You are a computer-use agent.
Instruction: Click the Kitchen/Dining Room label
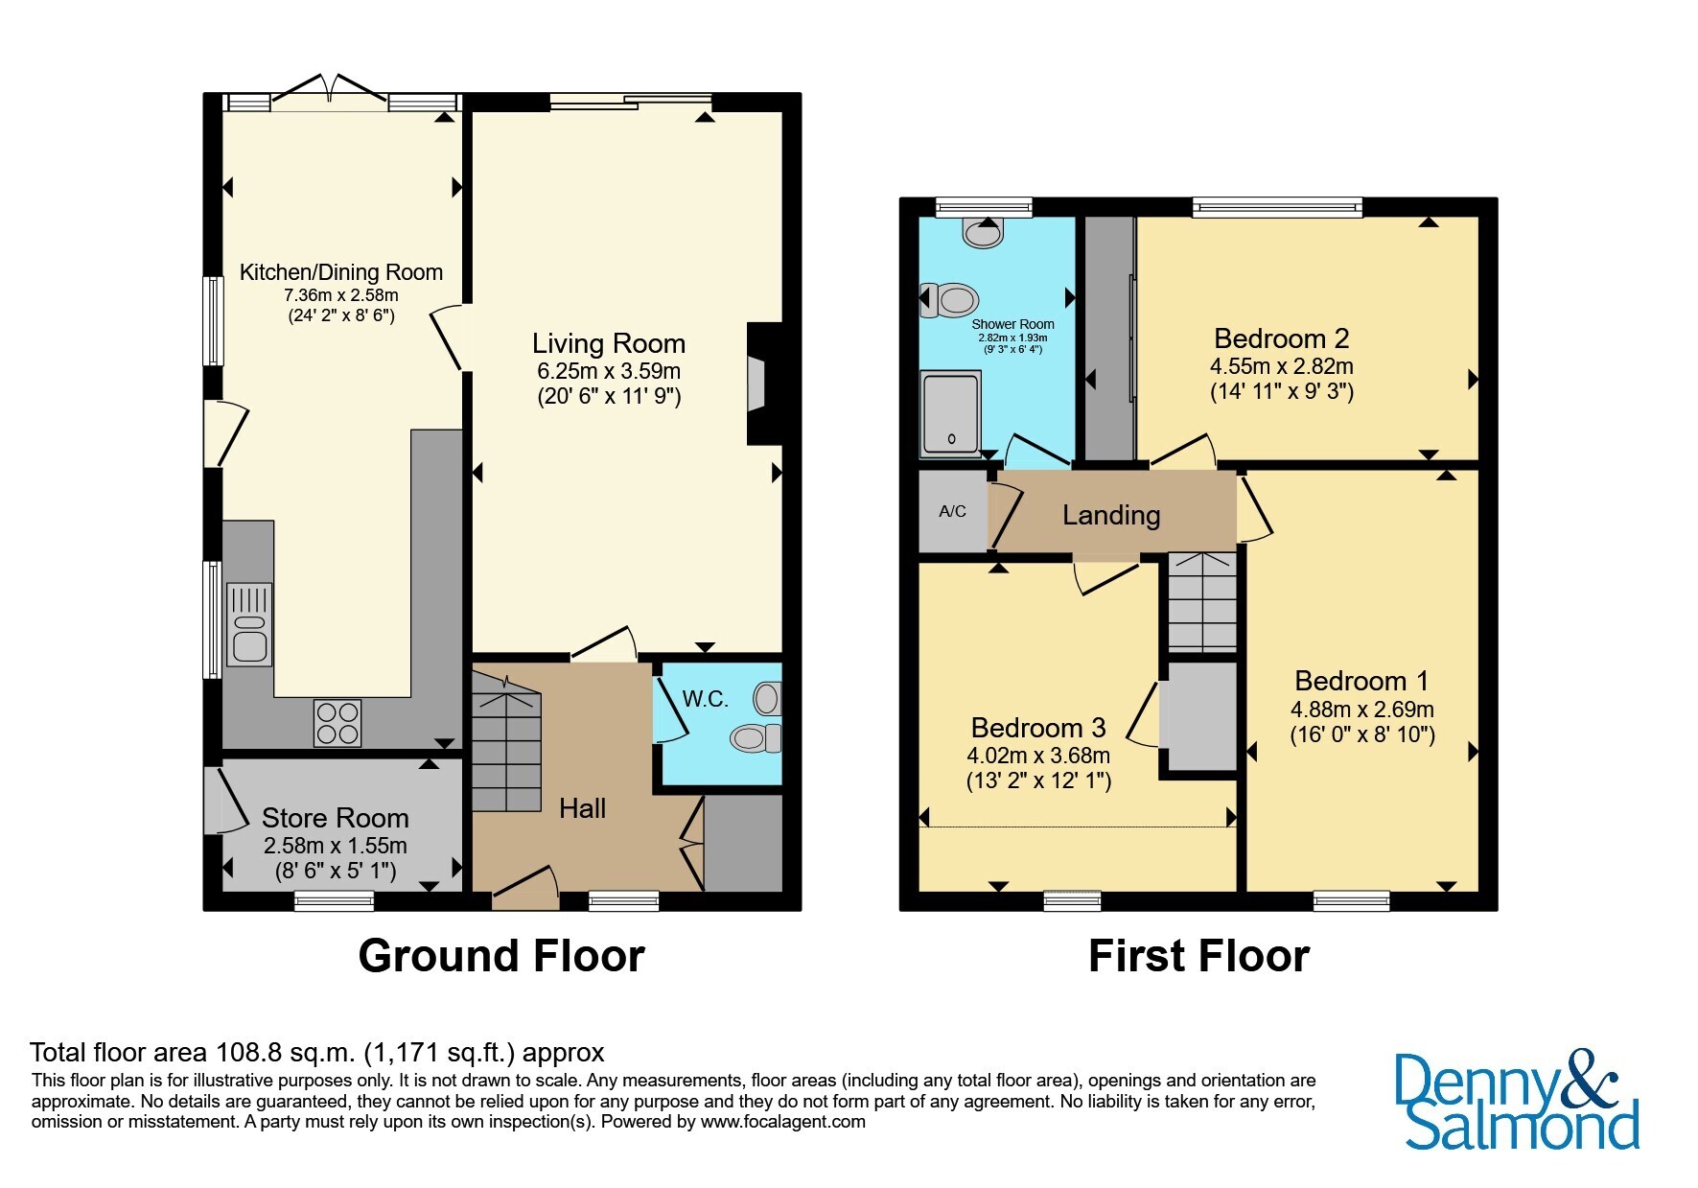(x=340, y=272)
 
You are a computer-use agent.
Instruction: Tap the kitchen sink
(x=249, y=624)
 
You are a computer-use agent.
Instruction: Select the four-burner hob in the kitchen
(x=338, y=723)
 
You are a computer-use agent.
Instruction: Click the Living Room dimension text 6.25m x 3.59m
(x=609, y=371)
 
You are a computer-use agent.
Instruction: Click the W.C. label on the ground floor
(x=706, y=700)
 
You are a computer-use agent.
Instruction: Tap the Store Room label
(x=336, y=818)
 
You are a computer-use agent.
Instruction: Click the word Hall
(x=583, y=808)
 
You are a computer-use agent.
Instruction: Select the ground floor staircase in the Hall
(x=506, y=741)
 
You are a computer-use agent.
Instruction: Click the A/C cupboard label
(x=952, y=511)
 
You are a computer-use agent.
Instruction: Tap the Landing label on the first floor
(x=1111, y=515)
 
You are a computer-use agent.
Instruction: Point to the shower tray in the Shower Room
(x=949, y=412)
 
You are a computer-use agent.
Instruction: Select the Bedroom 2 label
(x=1282, y=338)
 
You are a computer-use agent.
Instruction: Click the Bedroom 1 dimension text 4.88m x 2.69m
(x=1362, y=710)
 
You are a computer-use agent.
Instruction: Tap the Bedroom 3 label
(x=1038, y=728)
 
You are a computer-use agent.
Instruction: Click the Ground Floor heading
(x=501, y=956)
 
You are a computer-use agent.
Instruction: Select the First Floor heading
(x=1199, y=956)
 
